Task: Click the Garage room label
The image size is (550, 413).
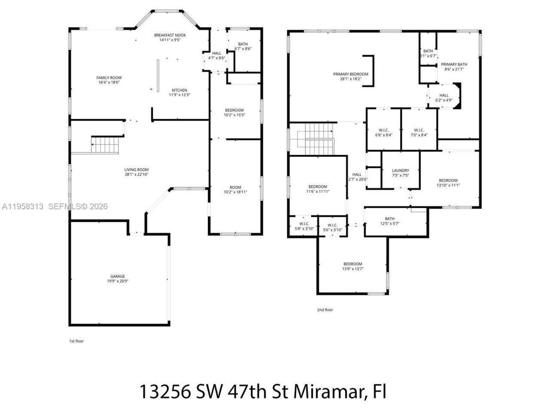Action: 118,276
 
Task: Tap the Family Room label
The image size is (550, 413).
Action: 109,78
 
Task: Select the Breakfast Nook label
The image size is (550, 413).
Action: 167,34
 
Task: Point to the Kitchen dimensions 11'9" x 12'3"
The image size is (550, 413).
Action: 179,95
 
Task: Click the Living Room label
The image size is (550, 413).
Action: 136,170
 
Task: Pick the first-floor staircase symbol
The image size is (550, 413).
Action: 104,145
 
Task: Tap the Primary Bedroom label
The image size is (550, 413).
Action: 351,74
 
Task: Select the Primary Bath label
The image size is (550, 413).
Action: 454,64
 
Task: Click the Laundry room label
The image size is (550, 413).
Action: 400,170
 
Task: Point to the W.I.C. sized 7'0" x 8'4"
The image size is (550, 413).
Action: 419,130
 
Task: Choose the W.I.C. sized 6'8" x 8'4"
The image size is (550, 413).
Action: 384,130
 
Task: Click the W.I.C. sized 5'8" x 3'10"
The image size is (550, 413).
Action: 304,224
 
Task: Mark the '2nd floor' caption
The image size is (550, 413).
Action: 325,310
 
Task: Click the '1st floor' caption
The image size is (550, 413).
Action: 76,341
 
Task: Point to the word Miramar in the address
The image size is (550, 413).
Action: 329,391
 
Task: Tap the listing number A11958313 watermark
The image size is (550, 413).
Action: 22,206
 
